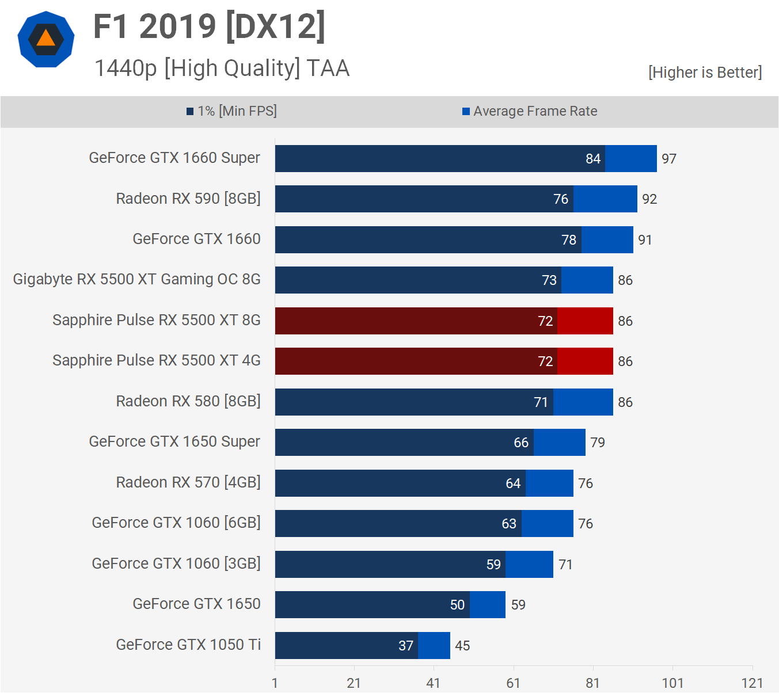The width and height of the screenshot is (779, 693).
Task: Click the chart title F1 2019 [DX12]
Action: pyautogui.click(x=209, y=27)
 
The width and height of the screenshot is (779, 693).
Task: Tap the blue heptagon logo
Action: pyautogui.click(x=46, y=39)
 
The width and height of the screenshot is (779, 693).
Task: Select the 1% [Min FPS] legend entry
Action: pyautogui.click(x=231, y=111)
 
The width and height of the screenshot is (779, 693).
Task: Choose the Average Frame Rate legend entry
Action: pyautogui.click(x=530, y=111)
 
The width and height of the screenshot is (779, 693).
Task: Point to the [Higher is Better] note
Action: pyautogui.click(x=705, y=73)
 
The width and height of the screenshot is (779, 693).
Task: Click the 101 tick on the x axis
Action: pyautogui.click(x=672, y=683)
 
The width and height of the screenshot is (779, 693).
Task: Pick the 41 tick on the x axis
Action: pyautogui.click(x=433, y=683)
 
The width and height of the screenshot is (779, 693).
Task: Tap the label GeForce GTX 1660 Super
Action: pyautogui.click(x=174, y=158)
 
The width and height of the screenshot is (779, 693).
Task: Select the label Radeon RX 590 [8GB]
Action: pyautogui.click(x=188, y=199)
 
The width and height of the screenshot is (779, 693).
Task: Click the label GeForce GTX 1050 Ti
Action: pyautogui.click(x=188, y=645)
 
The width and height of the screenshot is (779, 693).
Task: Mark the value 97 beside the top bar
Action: pyautogui.click(x=668, y=159)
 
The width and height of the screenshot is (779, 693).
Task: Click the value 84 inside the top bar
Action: pyautogui.click(x=593, y=159)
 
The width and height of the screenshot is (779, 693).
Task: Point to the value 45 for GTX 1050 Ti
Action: pyautogui.click(x=462, y=646)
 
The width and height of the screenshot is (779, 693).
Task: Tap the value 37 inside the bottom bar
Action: pyautogui.click(x=406, y=646)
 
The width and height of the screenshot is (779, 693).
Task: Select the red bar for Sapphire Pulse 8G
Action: pyautogui.click(x=443, y=321)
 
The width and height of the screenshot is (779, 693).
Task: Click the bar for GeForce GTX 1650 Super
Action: pyautogui.click(x=430, y=442)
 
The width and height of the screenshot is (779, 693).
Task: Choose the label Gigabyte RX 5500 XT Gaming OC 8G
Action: pyautogui.click(x=137, y=280)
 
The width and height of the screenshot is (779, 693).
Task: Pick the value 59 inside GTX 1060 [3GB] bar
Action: pyautogui.click(x=493, y=565)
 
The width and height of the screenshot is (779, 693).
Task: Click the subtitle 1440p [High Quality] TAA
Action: pyautogui.click(x=222, y=68)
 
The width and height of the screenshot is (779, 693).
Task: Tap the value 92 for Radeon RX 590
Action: pyautogui.click(x=649, y=199)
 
